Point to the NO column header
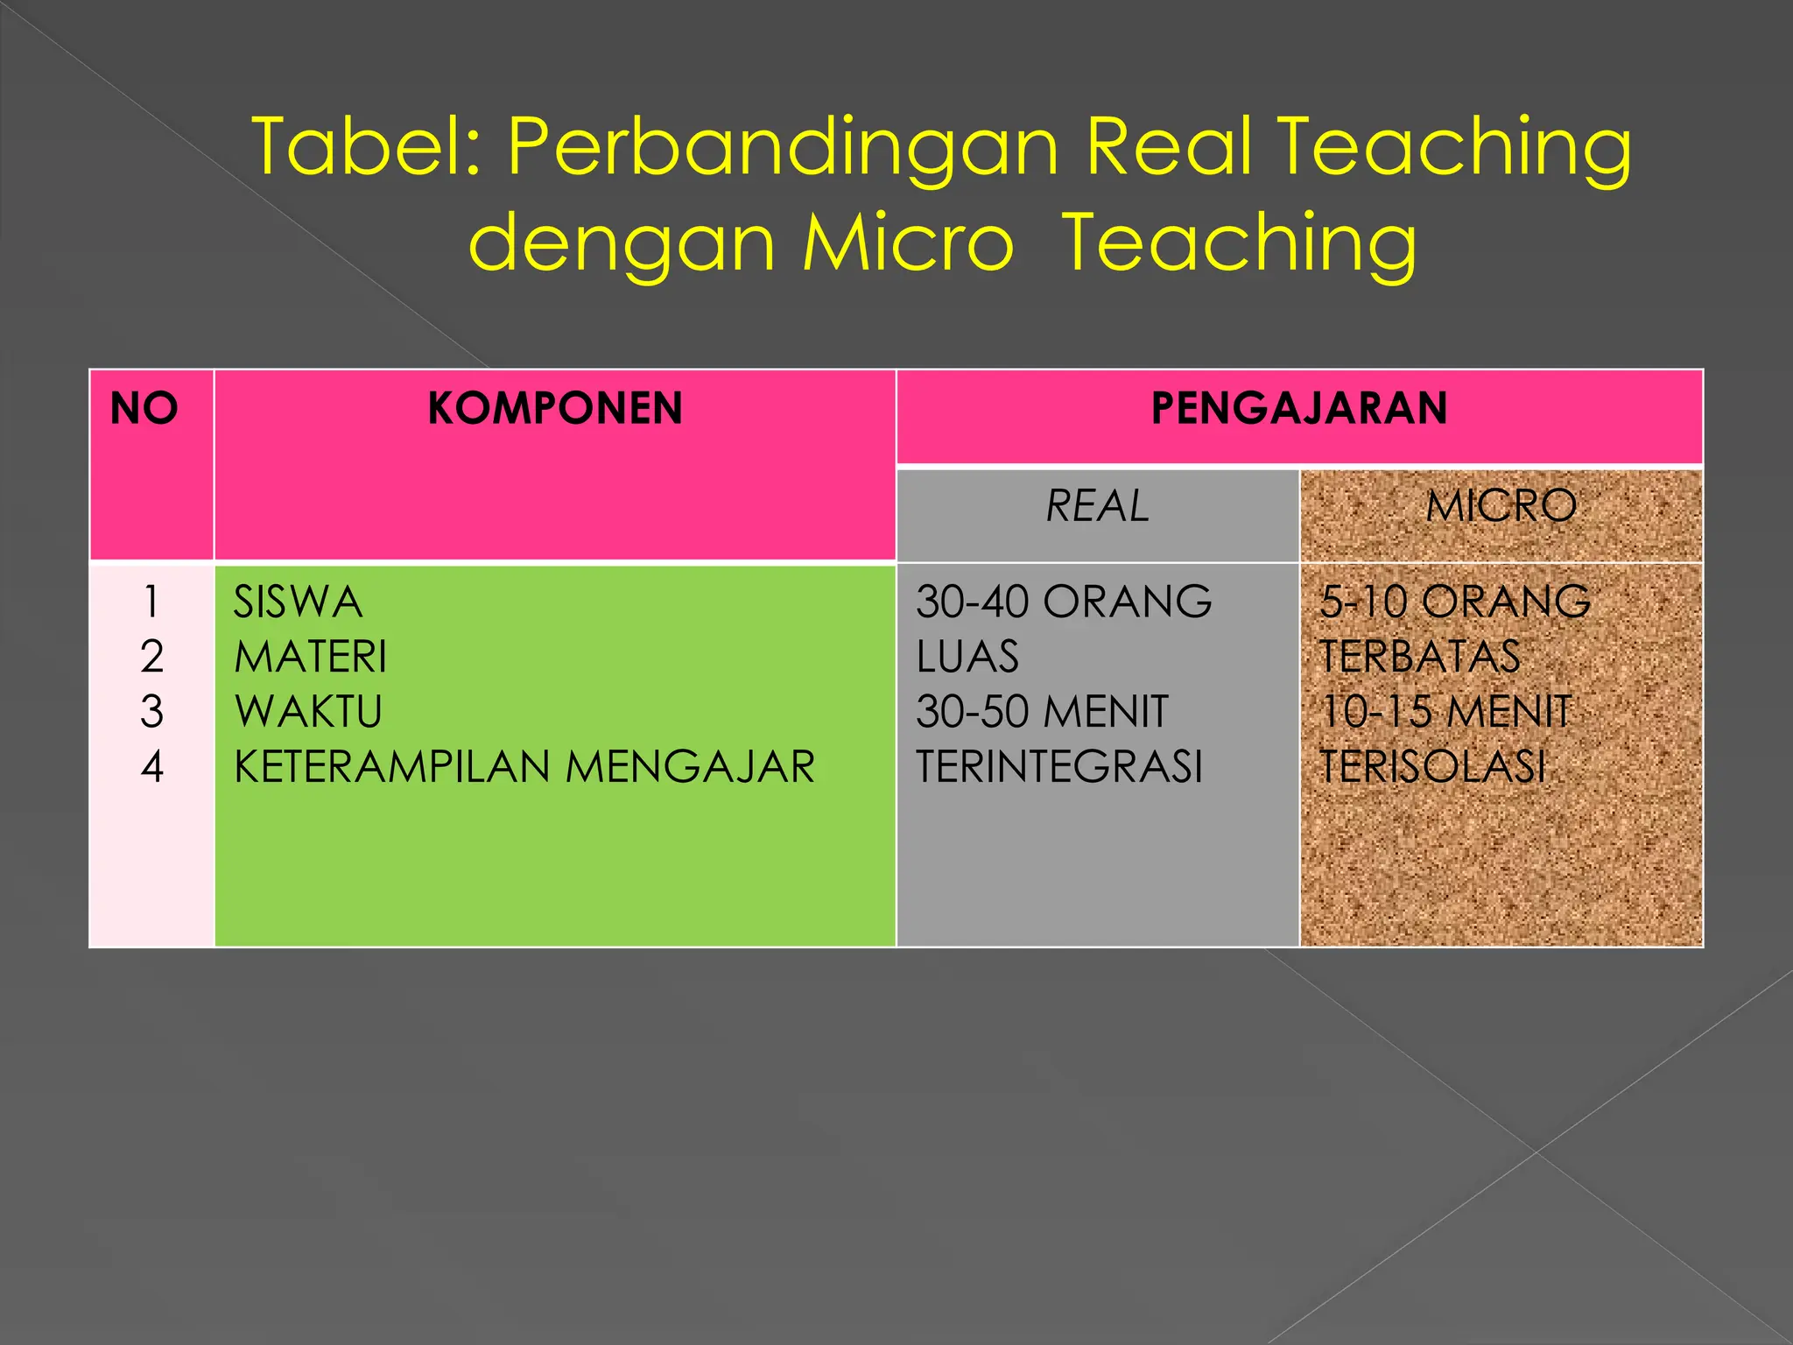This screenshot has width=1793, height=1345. tap(144, 409)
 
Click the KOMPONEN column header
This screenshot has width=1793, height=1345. tap(555, 409)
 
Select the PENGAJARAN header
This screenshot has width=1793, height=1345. tap(1299, 409)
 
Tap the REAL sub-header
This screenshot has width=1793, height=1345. tap(1097, 506)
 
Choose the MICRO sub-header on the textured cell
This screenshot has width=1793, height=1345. tap(1501, 506)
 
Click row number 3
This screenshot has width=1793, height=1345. tap(151, 711)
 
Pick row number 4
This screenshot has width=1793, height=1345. tap(151, 766)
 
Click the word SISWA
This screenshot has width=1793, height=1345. tap(298, 602)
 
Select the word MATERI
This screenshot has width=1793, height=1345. tap(310, 657)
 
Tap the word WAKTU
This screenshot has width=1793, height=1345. tap(308, 711)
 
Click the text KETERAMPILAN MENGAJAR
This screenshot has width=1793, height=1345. tap(524, 766)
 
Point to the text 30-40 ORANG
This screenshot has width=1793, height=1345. tap(1064, 602)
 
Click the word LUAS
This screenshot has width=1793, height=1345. tap(967, 657)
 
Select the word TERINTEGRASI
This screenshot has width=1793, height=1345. tap(1059, 766)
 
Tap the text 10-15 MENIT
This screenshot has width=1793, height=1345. tap(1445, 711)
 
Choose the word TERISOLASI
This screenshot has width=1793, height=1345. tap(1432, 766)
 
